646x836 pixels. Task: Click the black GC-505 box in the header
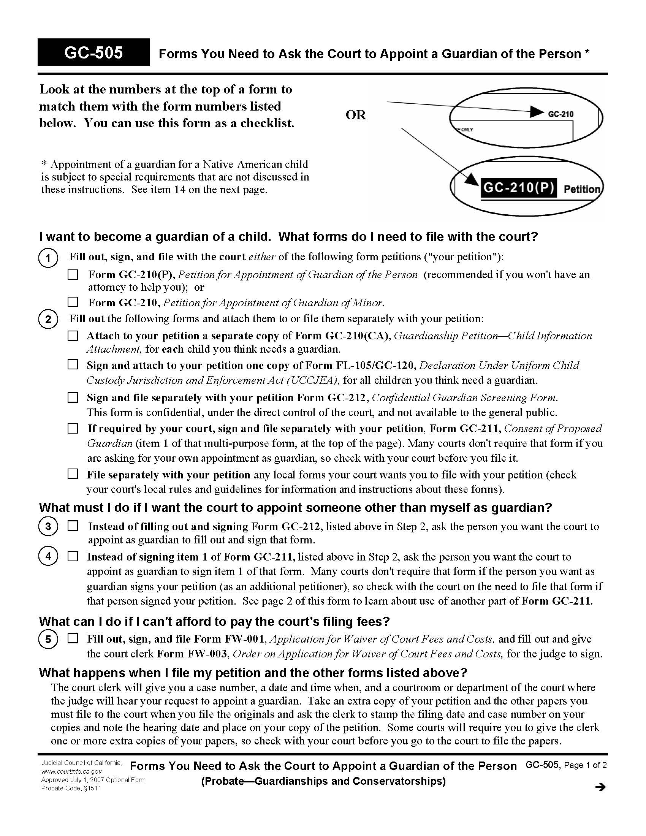coord(93,52)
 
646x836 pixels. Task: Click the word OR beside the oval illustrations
coord(356,115)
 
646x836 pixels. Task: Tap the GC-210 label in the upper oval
coord(560,114)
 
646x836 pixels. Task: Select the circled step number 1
coord(48,258)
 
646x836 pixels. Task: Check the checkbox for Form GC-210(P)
coord(73,275)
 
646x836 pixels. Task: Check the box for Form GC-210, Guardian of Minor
coord(73,302)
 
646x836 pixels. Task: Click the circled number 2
coord(48,319)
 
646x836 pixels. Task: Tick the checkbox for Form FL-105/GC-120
coord(73,365)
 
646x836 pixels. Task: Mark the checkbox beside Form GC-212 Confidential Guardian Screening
coord(73,398)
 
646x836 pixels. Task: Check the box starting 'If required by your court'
coord(73,428)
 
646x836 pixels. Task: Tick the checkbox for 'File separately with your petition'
coord(73,474)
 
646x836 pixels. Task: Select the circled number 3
coord(48,527)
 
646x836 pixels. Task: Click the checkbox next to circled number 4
coord(73,556)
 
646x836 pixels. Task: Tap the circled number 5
coord(48,639)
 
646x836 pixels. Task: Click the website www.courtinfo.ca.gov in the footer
coord(71,772)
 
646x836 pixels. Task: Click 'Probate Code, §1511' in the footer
coord(71,788)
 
